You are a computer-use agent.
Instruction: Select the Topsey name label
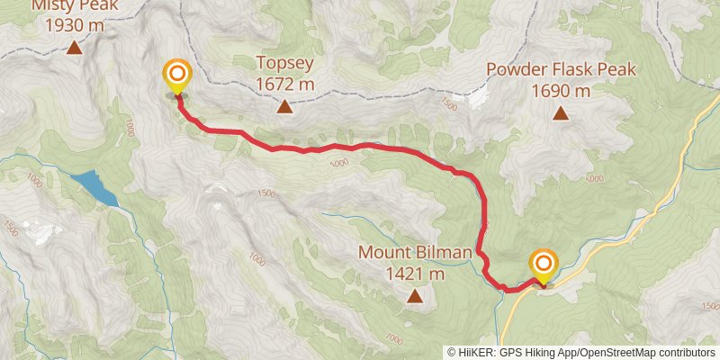[x=284, y=63]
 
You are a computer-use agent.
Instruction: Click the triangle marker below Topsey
[x=284, y=108]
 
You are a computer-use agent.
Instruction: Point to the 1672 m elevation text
[x=284, y=85]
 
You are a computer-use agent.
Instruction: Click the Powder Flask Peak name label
[x=561, y=69]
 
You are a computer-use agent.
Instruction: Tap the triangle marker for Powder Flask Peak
[x=561, y=113]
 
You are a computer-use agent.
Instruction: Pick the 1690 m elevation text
[x=561, y=90]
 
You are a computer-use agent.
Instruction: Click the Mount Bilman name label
[x=415, y=252]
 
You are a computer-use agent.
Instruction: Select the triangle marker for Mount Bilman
[x=415, y=296]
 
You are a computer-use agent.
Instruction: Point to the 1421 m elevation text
[x=415, y=274]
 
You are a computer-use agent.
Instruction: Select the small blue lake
[x=95, y=188]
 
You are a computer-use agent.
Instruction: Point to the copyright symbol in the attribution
[x=453, y=352]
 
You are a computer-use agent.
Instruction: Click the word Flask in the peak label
[x=573, y=69]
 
